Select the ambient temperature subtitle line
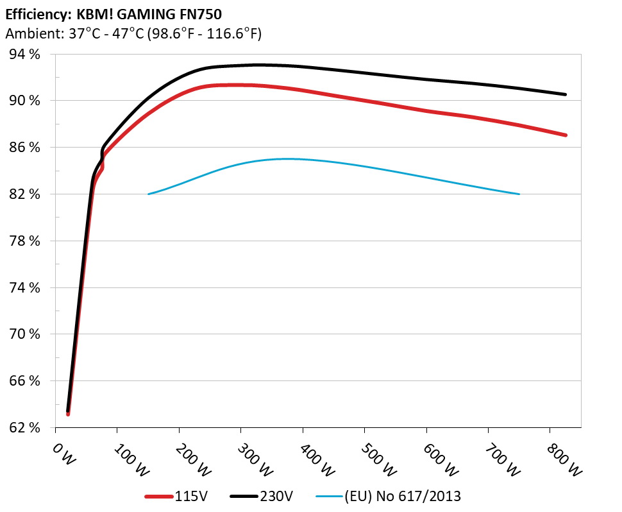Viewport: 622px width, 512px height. [133, 34]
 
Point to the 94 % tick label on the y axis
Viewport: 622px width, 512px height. [25, 55]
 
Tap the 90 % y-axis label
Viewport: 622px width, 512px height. [25, 101]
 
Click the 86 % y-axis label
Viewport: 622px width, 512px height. [25, 148]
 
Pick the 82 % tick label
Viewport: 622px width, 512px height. [25, 194]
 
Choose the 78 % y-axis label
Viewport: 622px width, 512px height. [25, 241]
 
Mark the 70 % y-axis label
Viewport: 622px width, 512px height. [25, 334]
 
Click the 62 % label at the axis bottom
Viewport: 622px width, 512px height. [25, 427]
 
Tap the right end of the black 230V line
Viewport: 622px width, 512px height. [565, 94]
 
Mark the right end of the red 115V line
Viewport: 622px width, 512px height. [565, 135]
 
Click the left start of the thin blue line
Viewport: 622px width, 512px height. [149, 194]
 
